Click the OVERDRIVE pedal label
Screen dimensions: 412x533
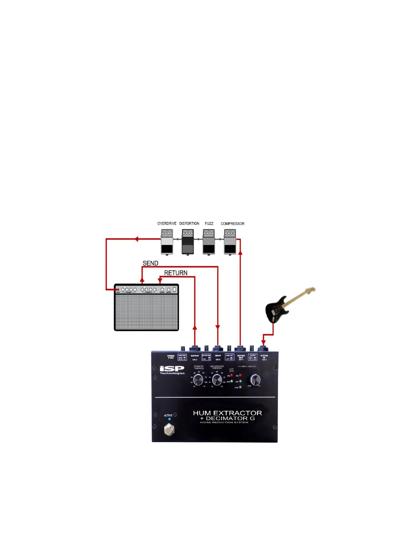point(167,223)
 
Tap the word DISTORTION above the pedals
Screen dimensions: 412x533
point(189,223)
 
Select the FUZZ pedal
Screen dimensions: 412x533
point(209,242)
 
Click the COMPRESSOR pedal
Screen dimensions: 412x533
point(230,242)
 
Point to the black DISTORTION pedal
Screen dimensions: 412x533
point(188,242)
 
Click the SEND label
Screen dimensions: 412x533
point(150,263)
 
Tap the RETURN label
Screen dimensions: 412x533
point(176,273)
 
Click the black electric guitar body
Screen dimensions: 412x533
point(275,310)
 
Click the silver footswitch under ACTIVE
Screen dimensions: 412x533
point(169,429)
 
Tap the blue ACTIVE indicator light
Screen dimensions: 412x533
point(169,419)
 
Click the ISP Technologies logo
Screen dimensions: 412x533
point(172,370)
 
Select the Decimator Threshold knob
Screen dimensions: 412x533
point(198,380)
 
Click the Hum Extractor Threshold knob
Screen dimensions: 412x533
point(217,380)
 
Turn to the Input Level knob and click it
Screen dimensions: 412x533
point(255,380)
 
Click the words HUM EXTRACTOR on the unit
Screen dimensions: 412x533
point(227,413)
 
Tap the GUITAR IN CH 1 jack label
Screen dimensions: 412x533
point(264,357)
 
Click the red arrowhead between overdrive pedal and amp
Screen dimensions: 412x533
point(136,239)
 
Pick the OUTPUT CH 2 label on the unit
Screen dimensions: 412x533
point(195,357)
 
